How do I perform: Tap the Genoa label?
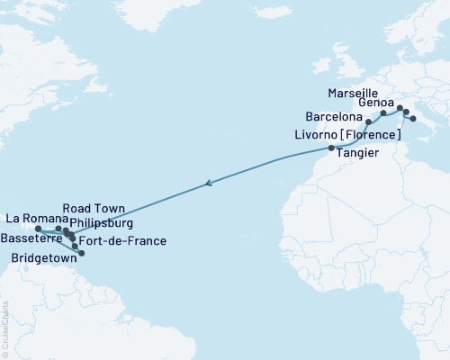point(375,103)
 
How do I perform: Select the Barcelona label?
point(335,117)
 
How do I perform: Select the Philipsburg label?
point(107,222)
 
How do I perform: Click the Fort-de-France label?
point(122,241)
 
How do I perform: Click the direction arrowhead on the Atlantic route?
point(209,184)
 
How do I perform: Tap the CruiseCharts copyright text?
point(5,325)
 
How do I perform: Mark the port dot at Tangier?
point(331,148)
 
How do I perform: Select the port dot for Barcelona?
point(369,121)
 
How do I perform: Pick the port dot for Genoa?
point(400,107)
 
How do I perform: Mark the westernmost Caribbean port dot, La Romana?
point(38,229)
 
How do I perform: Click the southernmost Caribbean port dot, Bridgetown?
point(82,253)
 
